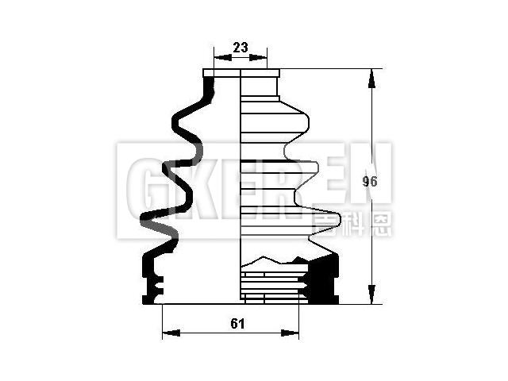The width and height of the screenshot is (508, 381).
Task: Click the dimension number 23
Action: point(241,48)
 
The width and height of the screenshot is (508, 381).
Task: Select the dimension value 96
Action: point(369,182)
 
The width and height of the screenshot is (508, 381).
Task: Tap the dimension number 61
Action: point(237,323)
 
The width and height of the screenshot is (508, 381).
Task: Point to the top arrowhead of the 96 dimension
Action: point(370,74)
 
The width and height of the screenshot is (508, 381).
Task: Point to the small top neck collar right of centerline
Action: point(260,75)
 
